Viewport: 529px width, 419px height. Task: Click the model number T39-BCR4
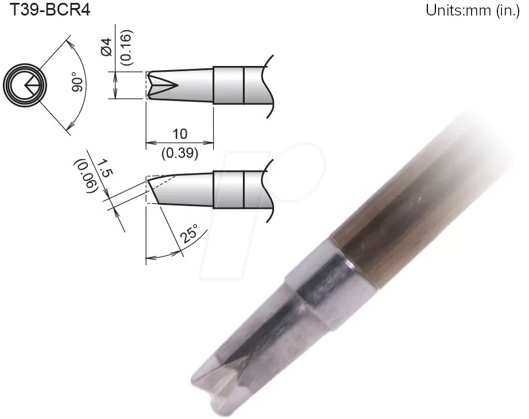point(46,10)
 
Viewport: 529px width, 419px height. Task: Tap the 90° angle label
point(78,84)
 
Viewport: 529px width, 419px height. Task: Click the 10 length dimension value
point(180,134)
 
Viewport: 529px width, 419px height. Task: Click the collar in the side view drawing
point(229,189)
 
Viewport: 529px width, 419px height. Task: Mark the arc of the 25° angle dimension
point(172,251)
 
